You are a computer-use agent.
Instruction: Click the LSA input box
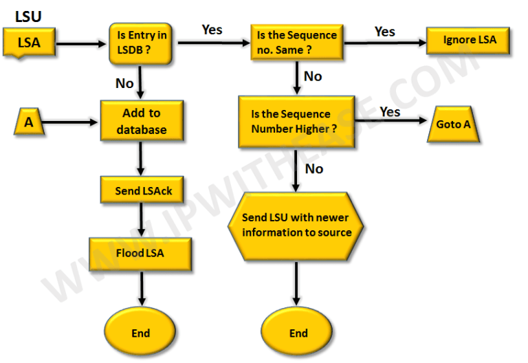tap(29, 43)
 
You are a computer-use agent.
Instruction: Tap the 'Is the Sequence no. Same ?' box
tap(297, 42)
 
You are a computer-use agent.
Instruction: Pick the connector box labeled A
tap(29, 122)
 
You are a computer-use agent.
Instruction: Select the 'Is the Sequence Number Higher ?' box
tap(296, 121)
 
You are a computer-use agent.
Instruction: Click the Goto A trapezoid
tap(454, 124)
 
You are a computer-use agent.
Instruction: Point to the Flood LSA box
tap(140, 253)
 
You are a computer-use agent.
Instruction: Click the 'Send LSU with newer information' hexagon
tap(296, 224)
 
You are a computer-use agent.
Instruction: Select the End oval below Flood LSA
tap(140, 333)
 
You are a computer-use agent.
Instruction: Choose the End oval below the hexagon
tap(298, 333)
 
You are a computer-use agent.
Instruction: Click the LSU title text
tap(28, 15)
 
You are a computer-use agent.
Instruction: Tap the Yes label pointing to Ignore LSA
tap(385, 31)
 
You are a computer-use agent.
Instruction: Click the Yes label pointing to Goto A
tap(390, 111)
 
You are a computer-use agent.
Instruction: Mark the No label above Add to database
tap(124, 83)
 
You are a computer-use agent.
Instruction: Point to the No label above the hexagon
tap(313, 168)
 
